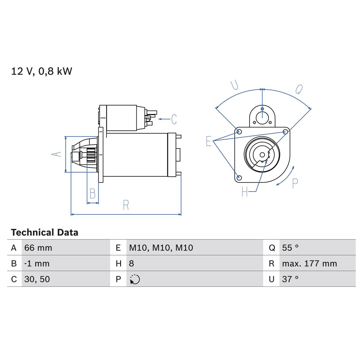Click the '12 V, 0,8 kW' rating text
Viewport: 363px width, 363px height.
click(41, 71)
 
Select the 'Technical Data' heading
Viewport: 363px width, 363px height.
click(45, 233)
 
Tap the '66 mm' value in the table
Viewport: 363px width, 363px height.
click(38, 248)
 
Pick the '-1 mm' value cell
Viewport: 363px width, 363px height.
click(37, 263)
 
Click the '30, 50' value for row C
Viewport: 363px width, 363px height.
click(37, 279)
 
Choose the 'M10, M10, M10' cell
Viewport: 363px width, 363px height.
click(161, 248)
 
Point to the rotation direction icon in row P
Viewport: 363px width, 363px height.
click(135, 279)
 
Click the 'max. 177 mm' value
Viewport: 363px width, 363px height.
click(309, 263)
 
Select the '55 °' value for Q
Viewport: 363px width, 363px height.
click(290, 248)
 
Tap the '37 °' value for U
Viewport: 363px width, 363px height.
click(290, 279)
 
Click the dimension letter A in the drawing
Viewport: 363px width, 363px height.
click(56, 154)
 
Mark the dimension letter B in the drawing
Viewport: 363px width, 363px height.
click(92, 194)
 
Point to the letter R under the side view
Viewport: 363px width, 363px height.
click(126, 205)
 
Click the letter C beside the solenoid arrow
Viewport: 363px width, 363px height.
click(174, 119)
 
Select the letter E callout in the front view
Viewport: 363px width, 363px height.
click(209, 141)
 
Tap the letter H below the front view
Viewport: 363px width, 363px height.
click(245, 192)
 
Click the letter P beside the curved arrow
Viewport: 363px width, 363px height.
click(295, 184)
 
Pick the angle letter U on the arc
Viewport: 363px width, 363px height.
click(235, 85)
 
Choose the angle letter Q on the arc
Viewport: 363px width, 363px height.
click(299, 89)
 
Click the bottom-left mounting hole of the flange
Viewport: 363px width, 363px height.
click(239, 178)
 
